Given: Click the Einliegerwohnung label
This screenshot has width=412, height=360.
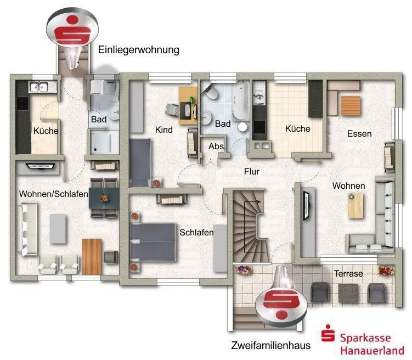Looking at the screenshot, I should pyautogui.click(x=138, y=50).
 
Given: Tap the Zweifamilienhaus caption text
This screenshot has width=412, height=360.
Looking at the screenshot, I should pyautogui.click(x=271, y=346).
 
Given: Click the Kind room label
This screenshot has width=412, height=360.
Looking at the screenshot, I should pyautogui.click(x=164, y=130).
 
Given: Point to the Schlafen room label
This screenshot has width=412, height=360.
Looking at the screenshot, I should pyautogui.click(x=196, y=232).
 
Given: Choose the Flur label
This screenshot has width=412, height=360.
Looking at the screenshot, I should pyautogui.click(x=252, y=171).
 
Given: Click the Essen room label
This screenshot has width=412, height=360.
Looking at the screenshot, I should pyautogui.click(x=359, y=133).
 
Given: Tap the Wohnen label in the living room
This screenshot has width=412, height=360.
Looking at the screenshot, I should pyautogui.click(x=348, y=186).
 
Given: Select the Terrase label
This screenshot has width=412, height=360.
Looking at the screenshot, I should pyautogui.click(x=349, y=273).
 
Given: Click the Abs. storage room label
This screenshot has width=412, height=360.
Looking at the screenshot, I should pyautogui.click(x=216, y=147).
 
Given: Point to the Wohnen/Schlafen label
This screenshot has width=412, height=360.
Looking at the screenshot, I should pyautogui.click(x=54, y=194).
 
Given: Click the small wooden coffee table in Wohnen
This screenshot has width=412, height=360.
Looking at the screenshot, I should pyautogui.click(x=355, y=206).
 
